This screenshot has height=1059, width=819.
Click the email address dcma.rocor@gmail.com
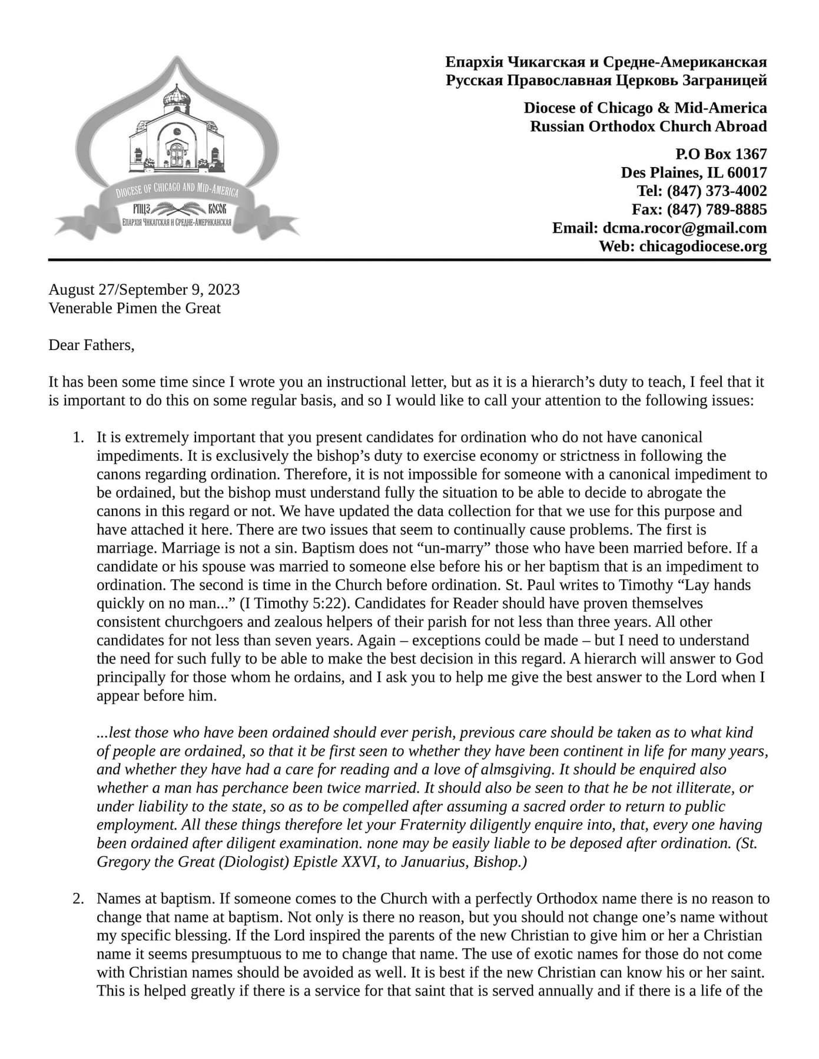coord(685,228)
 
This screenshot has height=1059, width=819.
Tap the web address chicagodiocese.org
coord(703,247)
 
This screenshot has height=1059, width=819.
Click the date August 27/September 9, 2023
coord(144,289)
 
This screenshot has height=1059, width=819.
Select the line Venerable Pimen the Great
coord(134,308)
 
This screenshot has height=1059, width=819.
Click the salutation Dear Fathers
coord(91,345)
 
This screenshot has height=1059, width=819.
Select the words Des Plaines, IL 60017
coord(694,172)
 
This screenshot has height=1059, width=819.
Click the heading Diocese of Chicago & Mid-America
coord(645,108)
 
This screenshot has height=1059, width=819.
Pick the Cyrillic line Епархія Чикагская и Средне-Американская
coord(606,62)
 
